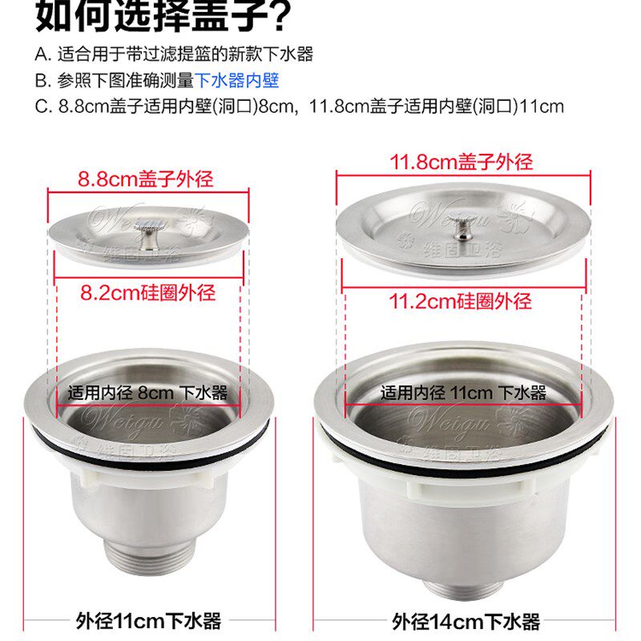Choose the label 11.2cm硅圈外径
pos(461,301)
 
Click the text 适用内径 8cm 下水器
pos(148,393)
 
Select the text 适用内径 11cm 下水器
pos(463,393)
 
